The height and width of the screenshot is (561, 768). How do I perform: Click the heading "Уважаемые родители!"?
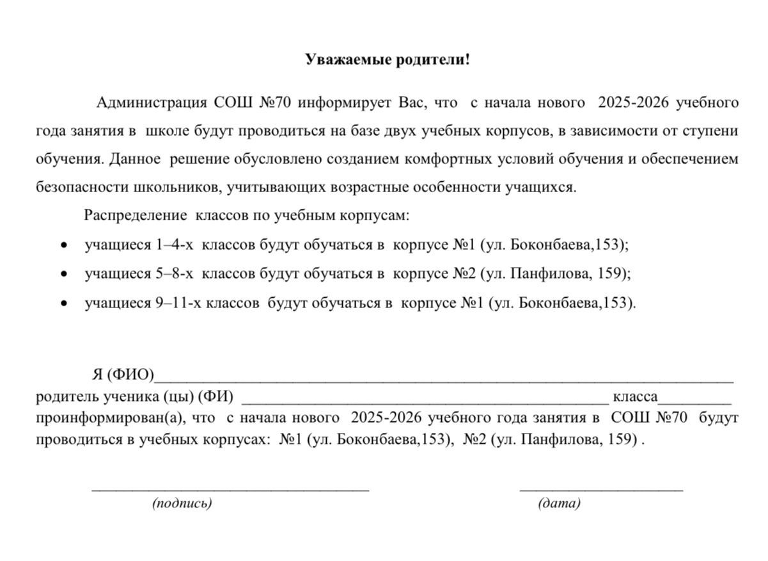(x=388, y=60)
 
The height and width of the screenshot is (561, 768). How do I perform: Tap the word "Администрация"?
(x=152, y=102)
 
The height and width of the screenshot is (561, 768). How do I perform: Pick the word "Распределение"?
(x=135, y=216)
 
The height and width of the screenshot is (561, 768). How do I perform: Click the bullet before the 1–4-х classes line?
(x=63, y=245)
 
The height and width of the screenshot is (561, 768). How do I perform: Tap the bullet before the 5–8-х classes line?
(x=63, y=274)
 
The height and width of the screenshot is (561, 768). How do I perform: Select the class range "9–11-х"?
(x=176, y=303)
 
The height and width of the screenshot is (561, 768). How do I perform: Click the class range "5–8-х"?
(x=174, y=274)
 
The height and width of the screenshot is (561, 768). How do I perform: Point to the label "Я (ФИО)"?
(x=123, y=375)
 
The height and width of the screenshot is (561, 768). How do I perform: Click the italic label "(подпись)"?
(x=182, y=503)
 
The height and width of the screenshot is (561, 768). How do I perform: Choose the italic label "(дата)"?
(x=560, y=503)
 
